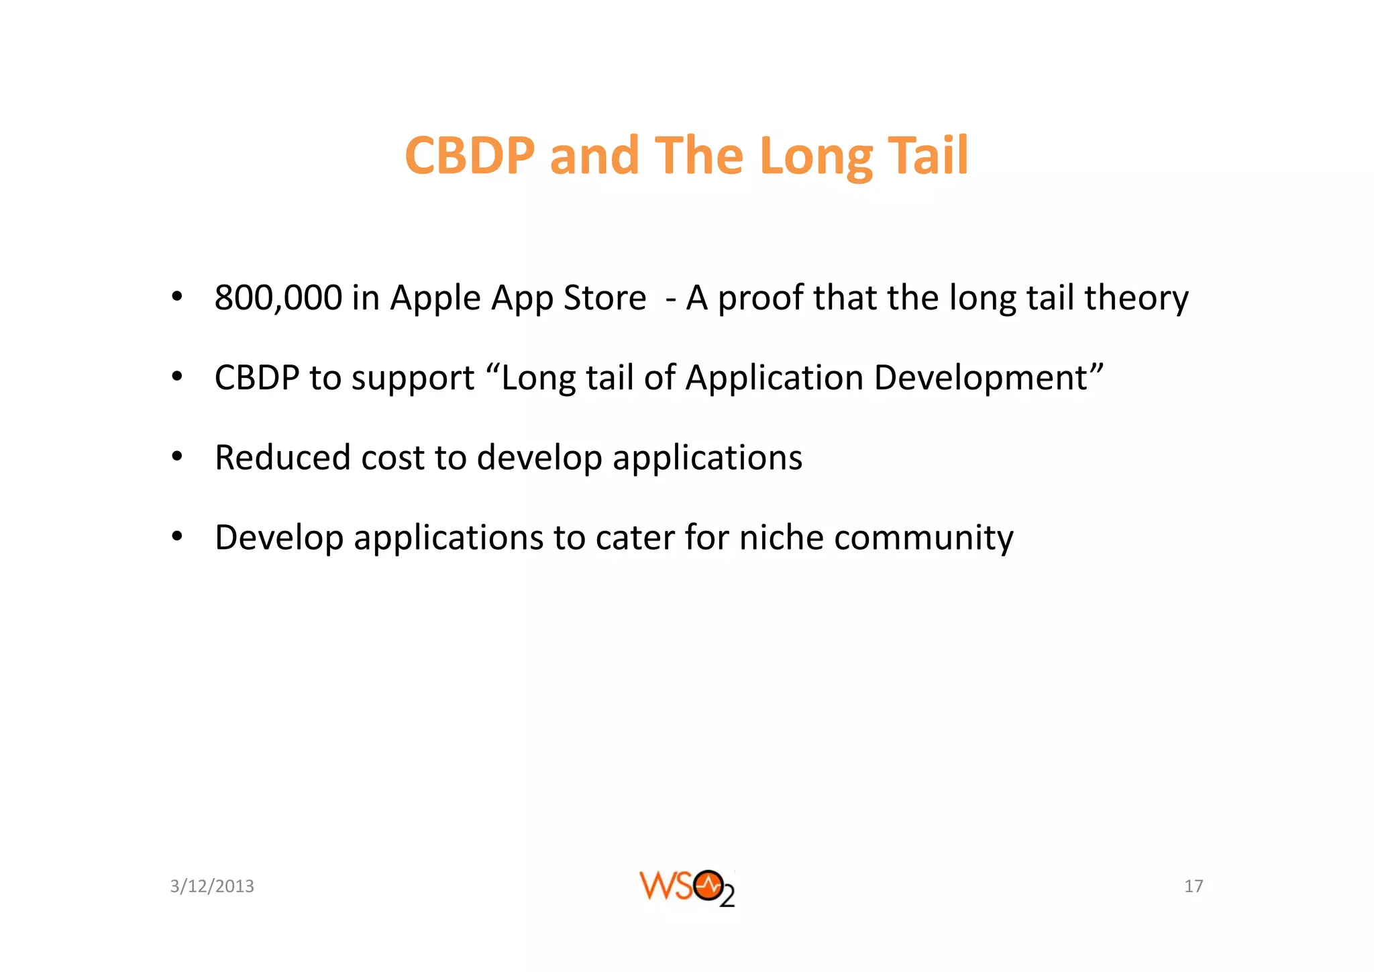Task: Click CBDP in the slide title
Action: point(470,156)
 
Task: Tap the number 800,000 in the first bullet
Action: point(278,297)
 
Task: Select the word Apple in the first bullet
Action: point(435,297)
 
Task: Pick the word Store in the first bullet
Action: point(604,297)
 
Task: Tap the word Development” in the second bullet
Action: point(989,378)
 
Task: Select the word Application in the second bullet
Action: point(774,378)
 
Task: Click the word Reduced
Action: point(282,458)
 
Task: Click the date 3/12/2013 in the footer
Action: point(212,886)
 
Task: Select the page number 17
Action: point(1194,886)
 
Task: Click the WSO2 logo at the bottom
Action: point(687,887)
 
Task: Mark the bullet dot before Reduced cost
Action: point(176,457)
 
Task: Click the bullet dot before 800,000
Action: point(176,297)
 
